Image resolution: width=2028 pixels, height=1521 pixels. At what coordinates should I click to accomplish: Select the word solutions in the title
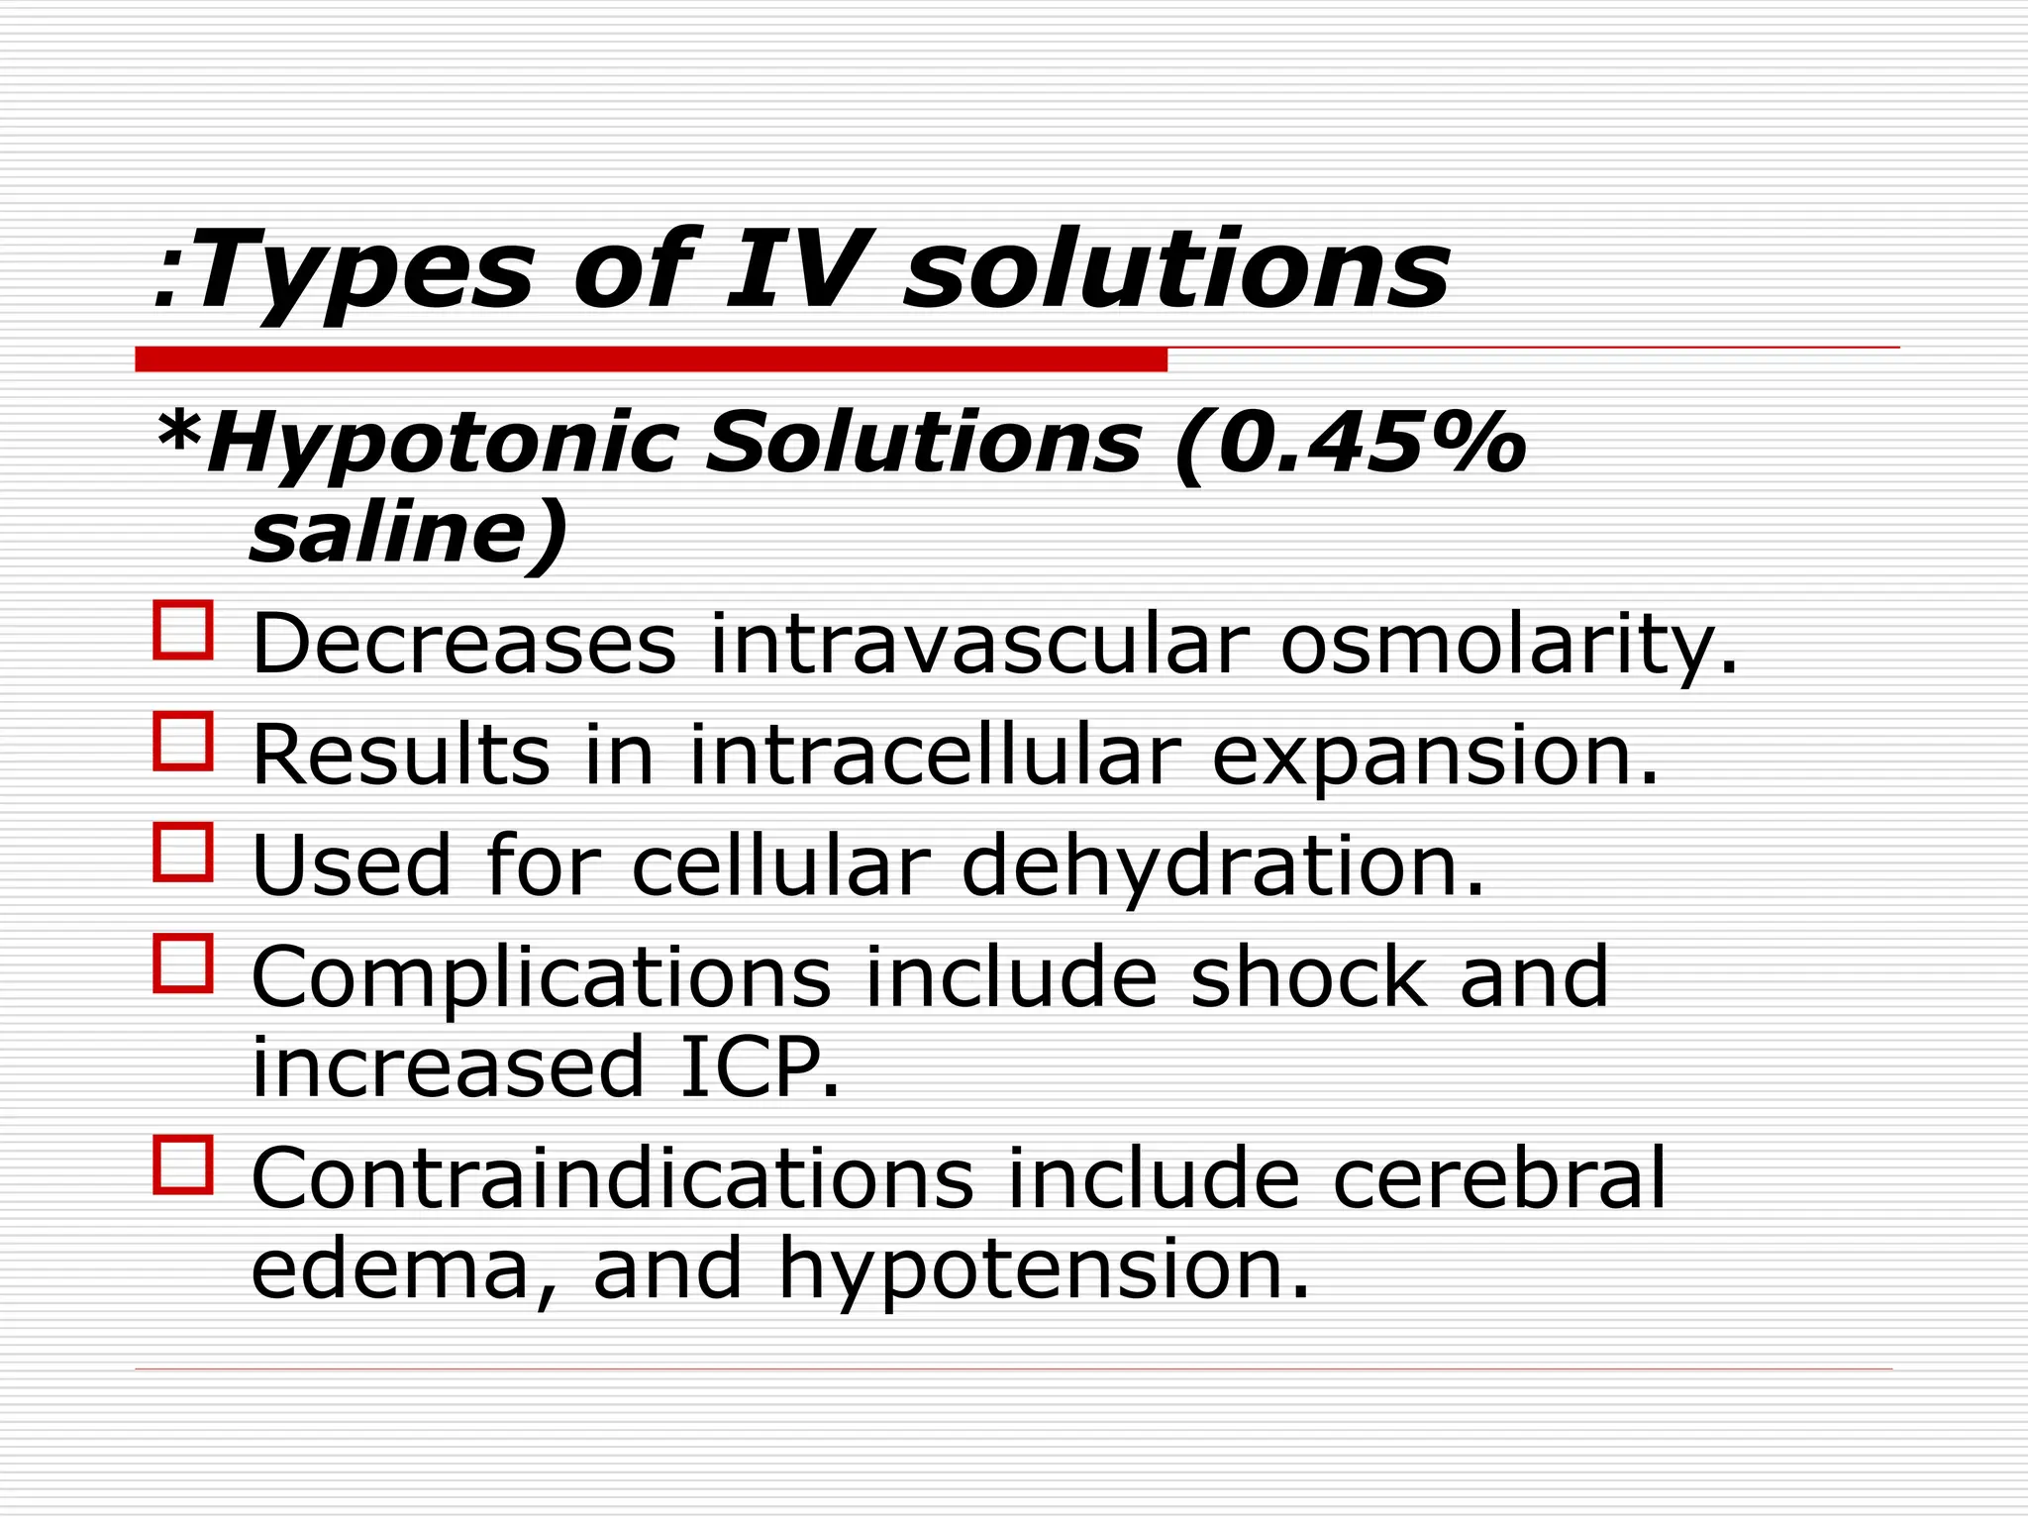tap(1176, 269)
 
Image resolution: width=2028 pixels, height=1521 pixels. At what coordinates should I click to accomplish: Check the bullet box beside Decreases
tap(183, 630)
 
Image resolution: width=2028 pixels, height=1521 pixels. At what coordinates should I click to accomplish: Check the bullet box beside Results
tap(183, 741)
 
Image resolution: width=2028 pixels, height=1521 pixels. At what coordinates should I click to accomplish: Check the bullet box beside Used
tap(183, 852)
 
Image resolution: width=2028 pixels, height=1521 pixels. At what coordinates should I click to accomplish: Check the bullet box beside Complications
tap(183, 963)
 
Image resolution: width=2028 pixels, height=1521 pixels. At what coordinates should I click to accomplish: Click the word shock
tap(1308, 977)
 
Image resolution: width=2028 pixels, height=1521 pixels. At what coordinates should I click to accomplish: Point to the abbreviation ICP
tap(759, 1067)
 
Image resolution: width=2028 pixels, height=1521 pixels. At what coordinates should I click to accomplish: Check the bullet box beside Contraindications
tap(183, 1165)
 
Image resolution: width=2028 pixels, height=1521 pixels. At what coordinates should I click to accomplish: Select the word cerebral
tap(1498, 1178)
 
